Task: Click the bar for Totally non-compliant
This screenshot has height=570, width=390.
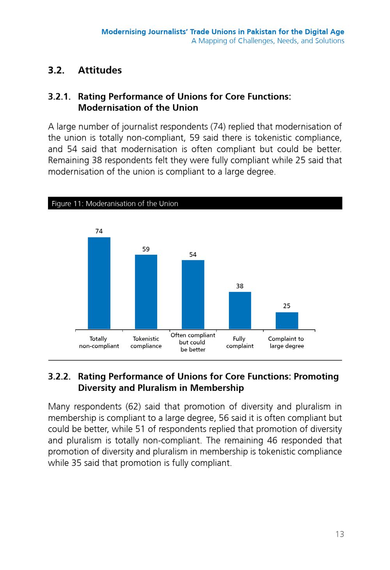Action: coord(99,283)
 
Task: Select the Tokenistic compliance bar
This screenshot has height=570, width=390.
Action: coord(146,291)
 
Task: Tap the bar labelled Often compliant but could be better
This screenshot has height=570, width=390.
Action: coord(193,295)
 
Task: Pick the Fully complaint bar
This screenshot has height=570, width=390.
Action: coord(240,310)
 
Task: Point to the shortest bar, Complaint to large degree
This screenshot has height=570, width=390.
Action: coord(287,320)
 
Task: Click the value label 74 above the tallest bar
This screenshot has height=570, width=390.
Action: coord(99,231)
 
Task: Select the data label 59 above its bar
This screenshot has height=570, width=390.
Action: coord(146,249)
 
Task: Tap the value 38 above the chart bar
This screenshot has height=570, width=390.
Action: coord(239,286)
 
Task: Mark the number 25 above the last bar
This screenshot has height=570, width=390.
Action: coord(287,306)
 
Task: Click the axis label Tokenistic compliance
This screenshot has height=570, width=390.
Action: coord(146,342)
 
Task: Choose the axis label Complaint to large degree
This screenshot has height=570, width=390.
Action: coord(287,342)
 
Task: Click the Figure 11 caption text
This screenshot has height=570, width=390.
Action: coord(115,204)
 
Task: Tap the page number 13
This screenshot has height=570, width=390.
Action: coord(340,534)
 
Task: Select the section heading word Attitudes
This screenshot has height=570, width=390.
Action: coord(100,70)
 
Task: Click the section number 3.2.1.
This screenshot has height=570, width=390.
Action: coord(59,97)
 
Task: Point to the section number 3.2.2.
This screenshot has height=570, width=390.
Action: coord(59,376)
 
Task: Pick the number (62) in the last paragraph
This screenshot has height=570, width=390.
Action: coord(133,407)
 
